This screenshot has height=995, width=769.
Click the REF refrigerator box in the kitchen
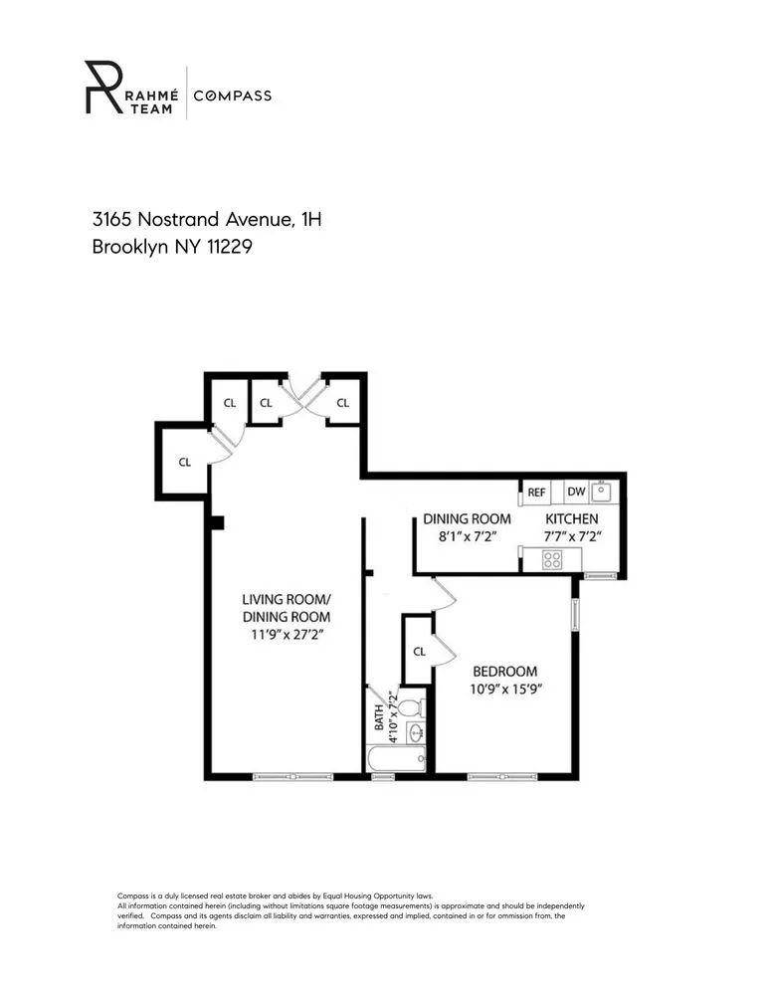click(536, 492)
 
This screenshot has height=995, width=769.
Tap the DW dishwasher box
click(576, 492)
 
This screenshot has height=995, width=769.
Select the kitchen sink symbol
click(603, 491)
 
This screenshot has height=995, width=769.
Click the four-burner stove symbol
click(552, 560)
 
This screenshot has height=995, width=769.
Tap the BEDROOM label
click(504, 672)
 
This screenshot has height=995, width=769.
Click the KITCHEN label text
click(572, 519)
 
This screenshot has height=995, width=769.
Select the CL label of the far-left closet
click(185, 462)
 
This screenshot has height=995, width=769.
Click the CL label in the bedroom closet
click(419, 652)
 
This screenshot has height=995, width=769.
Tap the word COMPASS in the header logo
click(232, 96)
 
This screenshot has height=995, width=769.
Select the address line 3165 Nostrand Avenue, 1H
click(206, 218)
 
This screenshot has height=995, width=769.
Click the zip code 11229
click(228, 247)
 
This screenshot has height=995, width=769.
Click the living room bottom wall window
click(292, 776)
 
